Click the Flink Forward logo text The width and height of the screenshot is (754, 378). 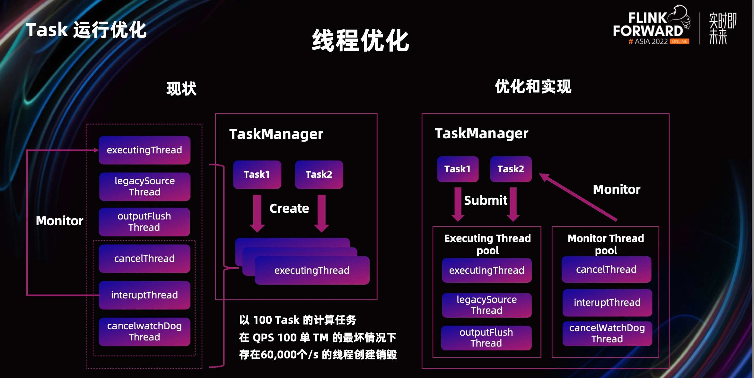click(648, 25)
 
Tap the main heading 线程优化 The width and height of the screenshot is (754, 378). click(360, 40)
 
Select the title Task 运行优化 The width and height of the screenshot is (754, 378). click(86, 30)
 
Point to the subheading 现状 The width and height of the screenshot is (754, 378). click(181, 89)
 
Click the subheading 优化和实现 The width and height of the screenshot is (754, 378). click(533, 87)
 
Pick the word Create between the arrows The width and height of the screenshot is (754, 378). click(289, 209)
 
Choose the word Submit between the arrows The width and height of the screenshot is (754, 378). click(486, 200)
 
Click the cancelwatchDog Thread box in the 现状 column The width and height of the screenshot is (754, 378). click(145, 331)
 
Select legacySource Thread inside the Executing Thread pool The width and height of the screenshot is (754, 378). click(487, 305)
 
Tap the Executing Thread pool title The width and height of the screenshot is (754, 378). click(487, 244)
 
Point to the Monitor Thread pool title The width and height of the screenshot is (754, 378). click(606, 244)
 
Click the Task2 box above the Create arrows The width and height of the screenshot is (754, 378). click(319, 175)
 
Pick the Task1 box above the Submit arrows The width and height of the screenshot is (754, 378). click(458, 169)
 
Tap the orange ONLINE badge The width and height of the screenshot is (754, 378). click(679, 41)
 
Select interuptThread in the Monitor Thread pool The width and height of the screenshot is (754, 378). click(607, 302)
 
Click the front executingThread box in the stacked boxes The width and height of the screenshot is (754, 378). click(312, 271)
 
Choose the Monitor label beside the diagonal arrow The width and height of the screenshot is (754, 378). click(617, 189)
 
